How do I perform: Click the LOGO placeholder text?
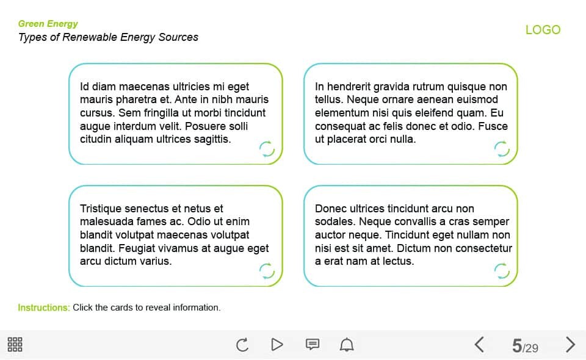pyautogui.click(x=543, y=30)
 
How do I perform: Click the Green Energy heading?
pyautogui.click(x=48, y=24)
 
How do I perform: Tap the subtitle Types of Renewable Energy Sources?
pyautogui.click(x=108, y=37)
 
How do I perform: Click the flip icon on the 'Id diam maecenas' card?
pyautogui.click(x=267, y=148)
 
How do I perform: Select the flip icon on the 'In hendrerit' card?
pyautogui.click(x=501, y=148)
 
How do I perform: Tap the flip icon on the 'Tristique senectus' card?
pyautogui.click(x=267, y=270)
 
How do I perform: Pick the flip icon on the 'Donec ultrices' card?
pyautogui.click(x=501, y=270)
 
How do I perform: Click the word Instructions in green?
pyautogui.click(x=44, y=308)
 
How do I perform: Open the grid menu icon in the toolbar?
pyautogui.click(x=15, y=344)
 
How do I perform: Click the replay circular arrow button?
pyautogui.click(x=242, y=345)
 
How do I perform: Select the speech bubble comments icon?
pyautogui.click(x=312, y=345)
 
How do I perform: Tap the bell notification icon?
pyautogui.click(x=347, y=345)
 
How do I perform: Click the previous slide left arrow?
pyautogui.click(x=479, y=345)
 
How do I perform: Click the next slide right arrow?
pyautogui.click(x=570, y=345)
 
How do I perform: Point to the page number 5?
pyautogui.click(x=517, y=346)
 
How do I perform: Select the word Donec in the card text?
pyautogui.click(x=330, y=209)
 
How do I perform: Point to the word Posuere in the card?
pyautogui.click(x=208, y=126)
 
